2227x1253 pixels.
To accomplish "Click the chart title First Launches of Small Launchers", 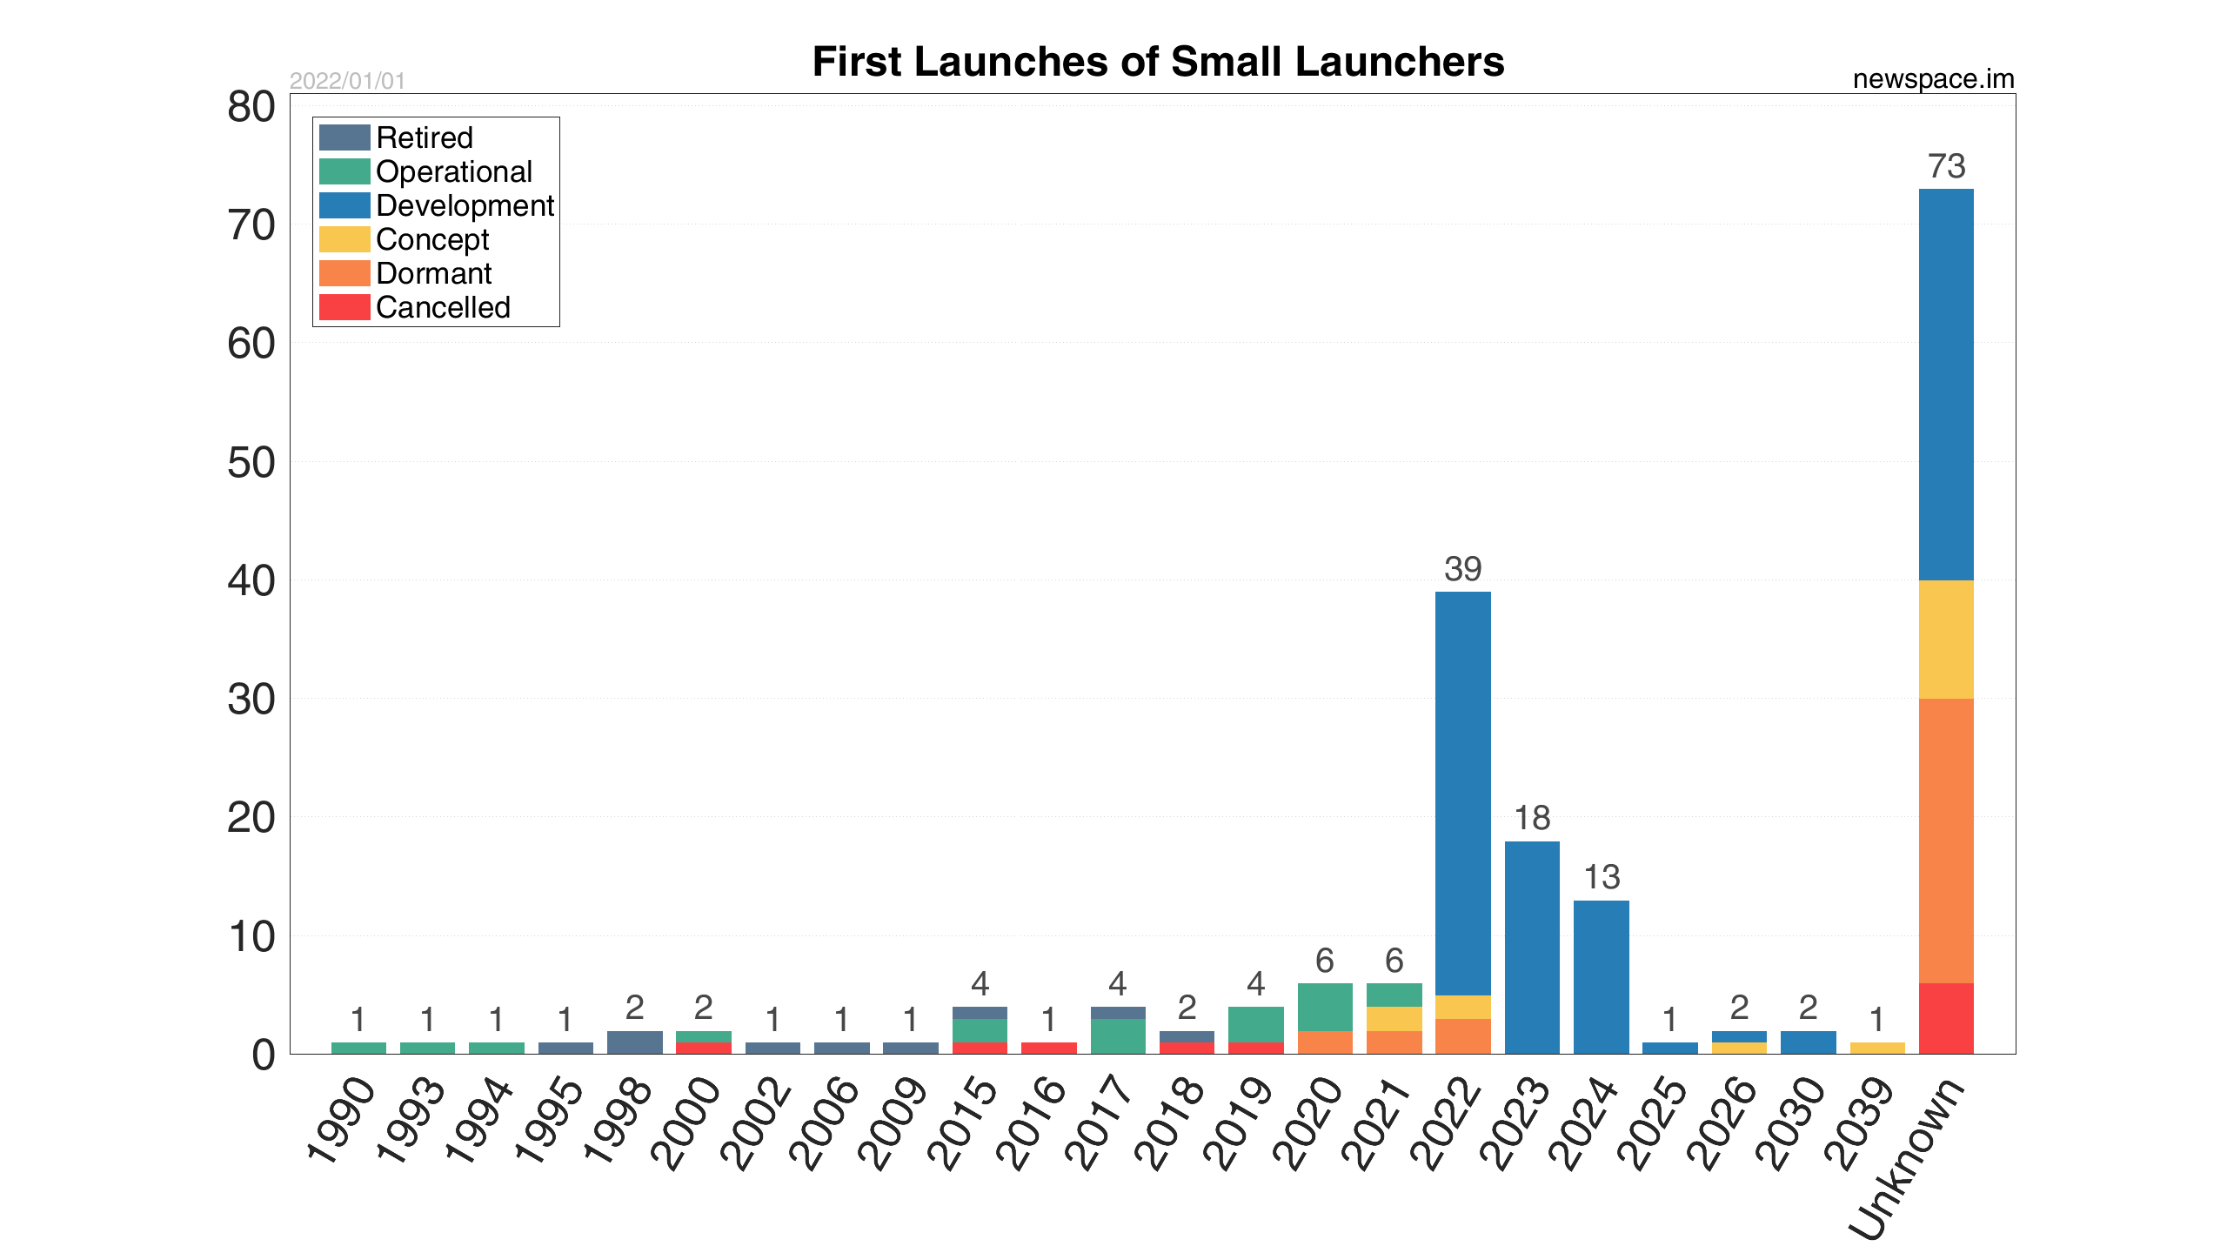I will [x=1158, y=62].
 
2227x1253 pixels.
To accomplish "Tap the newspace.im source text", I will [x=1933, y=79].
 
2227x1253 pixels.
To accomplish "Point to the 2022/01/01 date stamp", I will [x=347, y=81].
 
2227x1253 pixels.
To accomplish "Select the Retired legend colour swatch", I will [x=344, y=137].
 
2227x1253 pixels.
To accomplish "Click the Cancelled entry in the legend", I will [x=443, y=307].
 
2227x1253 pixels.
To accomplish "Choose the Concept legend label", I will [x=432, y=239].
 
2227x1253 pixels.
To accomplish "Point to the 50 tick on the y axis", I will [x=251, y=463].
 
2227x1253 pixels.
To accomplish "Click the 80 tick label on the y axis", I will [x=251, y=108].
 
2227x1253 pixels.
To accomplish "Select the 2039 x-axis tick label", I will [x=1858, y=1122].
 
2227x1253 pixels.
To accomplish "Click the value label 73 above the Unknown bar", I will [x=1946, y=166].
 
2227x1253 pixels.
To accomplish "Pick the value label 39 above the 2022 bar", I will [x=1462, y=569].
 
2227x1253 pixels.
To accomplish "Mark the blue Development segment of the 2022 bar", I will [x=1462, y=792].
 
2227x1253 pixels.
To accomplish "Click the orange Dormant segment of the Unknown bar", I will [x=1946, y=840].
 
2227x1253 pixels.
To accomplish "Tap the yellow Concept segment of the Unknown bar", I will [x=1946, y=640].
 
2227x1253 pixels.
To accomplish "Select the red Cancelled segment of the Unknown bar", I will [x=1946, y=1018].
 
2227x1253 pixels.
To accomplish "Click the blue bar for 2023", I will [x=1532, y=948].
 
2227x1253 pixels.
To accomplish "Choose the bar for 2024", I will [x=1601, y=977].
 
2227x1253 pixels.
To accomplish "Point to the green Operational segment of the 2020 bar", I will [x=1325, y=1007].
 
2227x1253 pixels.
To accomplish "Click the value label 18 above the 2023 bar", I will [x=1532, y=818].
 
